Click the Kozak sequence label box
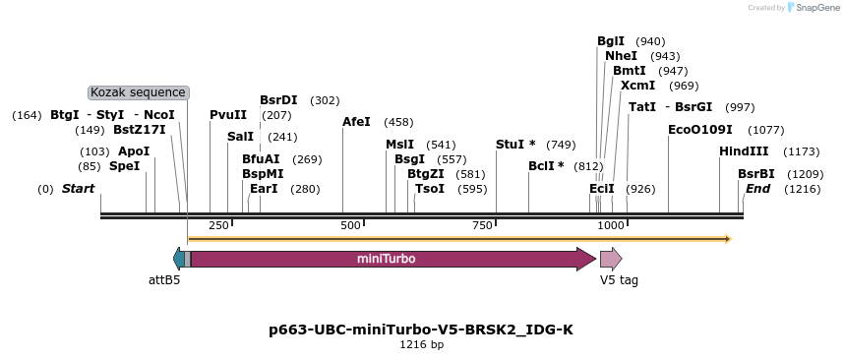click(139, 92)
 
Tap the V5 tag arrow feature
click(610, 259)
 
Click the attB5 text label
click(164, 280)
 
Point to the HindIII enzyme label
click(743, 151)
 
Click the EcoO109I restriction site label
click(699, 130)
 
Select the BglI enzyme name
click(610, 41)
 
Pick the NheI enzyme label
click(621, 56)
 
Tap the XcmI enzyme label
click(637, 86)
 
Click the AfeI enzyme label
click(356, 122)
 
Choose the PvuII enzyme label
click(228, 115)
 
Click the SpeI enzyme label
click(124, 166)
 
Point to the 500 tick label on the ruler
click(351, 225)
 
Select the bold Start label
click(80, 188)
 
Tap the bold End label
click(757, 188)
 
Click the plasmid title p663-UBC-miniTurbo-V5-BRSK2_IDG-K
click(421, 330)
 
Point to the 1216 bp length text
click(421, 345)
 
